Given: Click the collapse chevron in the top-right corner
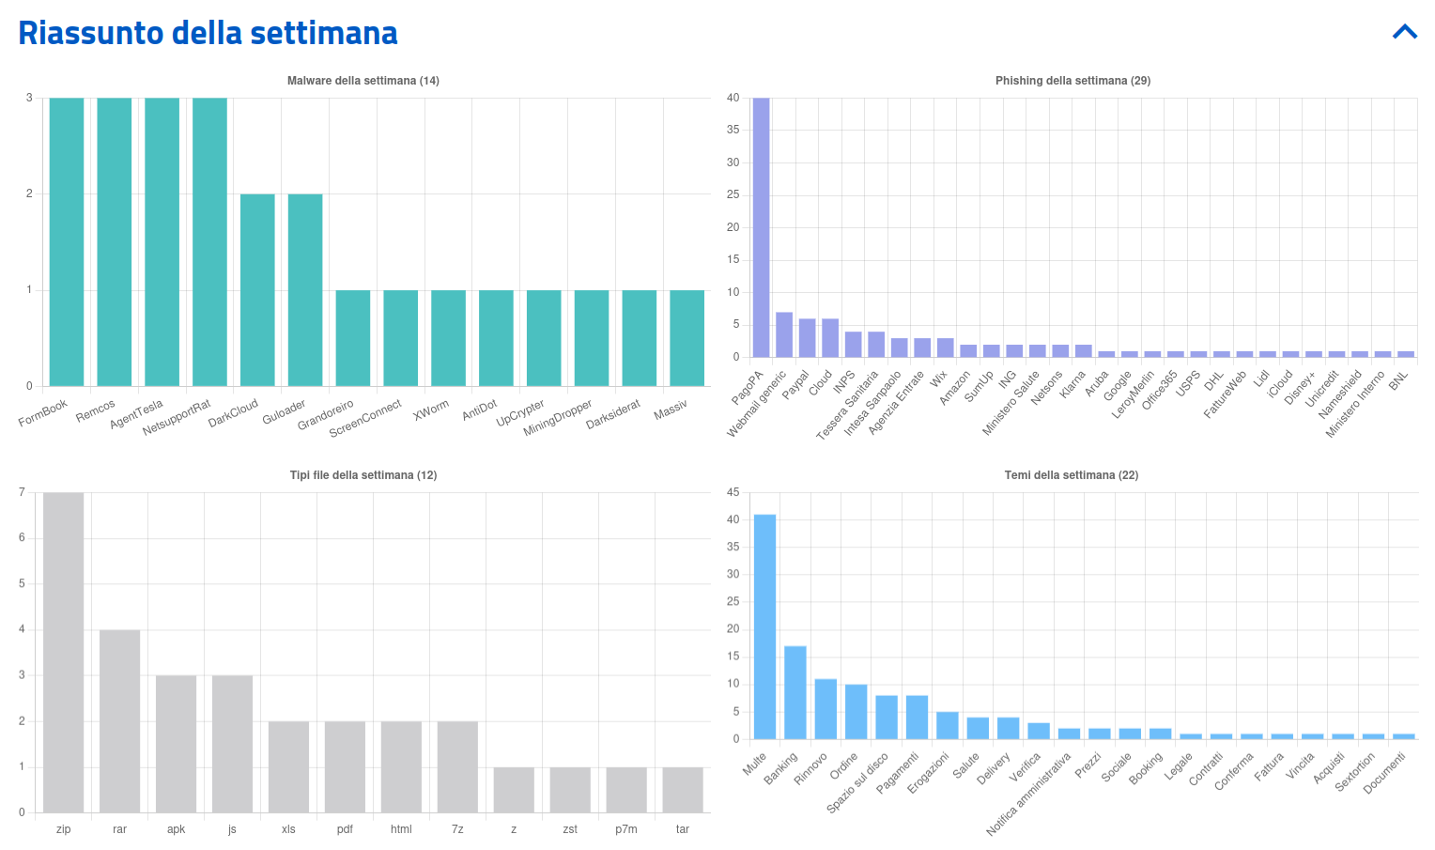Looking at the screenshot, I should click(x=1404, y=33).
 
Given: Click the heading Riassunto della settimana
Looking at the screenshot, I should click(x=208, y=33).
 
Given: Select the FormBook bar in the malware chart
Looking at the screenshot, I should click(x=67, y=241).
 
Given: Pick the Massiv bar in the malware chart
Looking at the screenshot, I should click(x=687, y=338).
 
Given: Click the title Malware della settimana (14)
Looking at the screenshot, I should click(x=363, y=81).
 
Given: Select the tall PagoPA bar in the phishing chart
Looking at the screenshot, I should click(x=761, y=227).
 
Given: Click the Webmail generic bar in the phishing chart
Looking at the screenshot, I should click(x=784, y=334).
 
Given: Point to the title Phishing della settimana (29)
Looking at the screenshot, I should click(x=1072, y=81).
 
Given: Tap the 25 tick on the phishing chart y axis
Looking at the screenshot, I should click(x=733, y=194).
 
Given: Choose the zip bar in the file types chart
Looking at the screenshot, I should click(x=64, y=652).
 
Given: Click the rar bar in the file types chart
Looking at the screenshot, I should click(x=120, y=720).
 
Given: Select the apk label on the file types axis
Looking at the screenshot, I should click(x=176, y=829).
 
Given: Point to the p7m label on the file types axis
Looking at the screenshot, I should click(x=626, y=829).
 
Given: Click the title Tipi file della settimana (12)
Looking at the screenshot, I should click(x=363, y=475).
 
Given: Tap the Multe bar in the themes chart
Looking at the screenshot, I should click(x=764, y=626).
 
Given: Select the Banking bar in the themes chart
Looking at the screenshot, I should click(x=795, y=692).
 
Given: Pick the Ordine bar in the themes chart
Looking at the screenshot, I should click(x=856, y=711).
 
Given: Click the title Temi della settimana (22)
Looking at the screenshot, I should click(x=1071, y=475).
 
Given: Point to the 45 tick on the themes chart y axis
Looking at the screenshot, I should click(x=733, y=492).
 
